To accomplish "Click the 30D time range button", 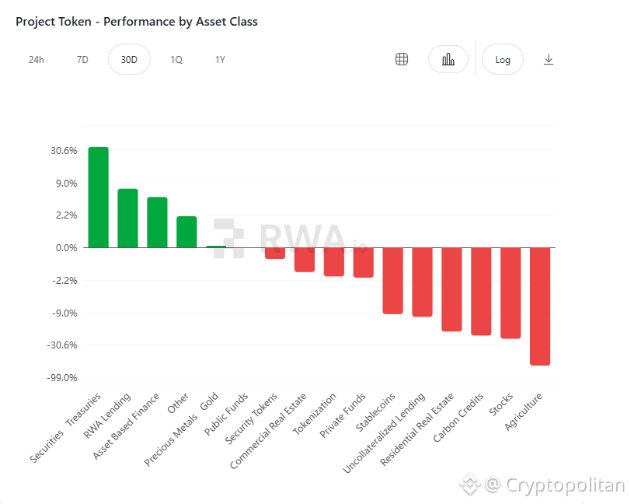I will pyautogui.click(x=129, y=60).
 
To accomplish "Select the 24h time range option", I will pyautogui.click(x=37, y=60).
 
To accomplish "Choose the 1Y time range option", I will pyautogui.click(x=220, y=60).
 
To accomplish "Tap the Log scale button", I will pyautogui.click(x=503, y=60).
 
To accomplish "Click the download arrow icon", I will pyautogui.click(x=549, y=60).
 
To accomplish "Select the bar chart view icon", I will pyautogui.click(x=448, y=60).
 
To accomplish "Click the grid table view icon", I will pyautogui.click(x=402, y=60).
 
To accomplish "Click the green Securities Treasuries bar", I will pyautogui.click(x=99, y=198).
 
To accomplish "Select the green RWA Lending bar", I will pyautogui.click(x=127, y=219).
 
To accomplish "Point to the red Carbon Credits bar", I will pyautogui.click(x=481, y=291).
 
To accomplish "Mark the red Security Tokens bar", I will pyautogui.click(x=275, y=253).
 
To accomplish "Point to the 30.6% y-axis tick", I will pyautogui.click(x=64, y=151).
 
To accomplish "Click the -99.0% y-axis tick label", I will pyautogui.click(x=62, y=378).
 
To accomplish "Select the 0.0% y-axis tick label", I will pyautogui.click(x=65, y=248).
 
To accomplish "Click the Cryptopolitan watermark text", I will pyautogui.click(x=565, y=485).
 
